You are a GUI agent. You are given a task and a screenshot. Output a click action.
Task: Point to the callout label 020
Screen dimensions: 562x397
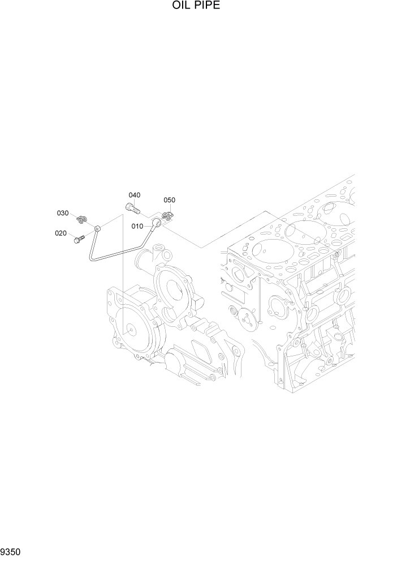click(61, 233)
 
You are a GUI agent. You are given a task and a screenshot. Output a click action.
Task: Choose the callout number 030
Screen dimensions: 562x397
click(62, 213)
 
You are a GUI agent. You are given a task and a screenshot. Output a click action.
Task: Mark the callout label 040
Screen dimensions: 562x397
click(134, 195)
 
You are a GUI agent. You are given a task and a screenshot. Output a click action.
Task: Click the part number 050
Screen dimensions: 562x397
click(169, 200)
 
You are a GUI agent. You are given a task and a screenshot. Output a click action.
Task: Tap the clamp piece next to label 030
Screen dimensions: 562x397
click(83, 218)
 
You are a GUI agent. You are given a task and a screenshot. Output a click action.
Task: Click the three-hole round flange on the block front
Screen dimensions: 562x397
click(247, 320)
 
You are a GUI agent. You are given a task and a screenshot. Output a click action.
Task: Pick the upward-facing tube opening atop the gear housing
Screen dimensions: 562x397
click(158, 249)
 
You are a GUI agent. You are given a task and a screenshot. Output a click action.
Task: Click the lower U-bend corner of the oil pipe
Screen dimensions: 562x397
click(92, 258)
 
